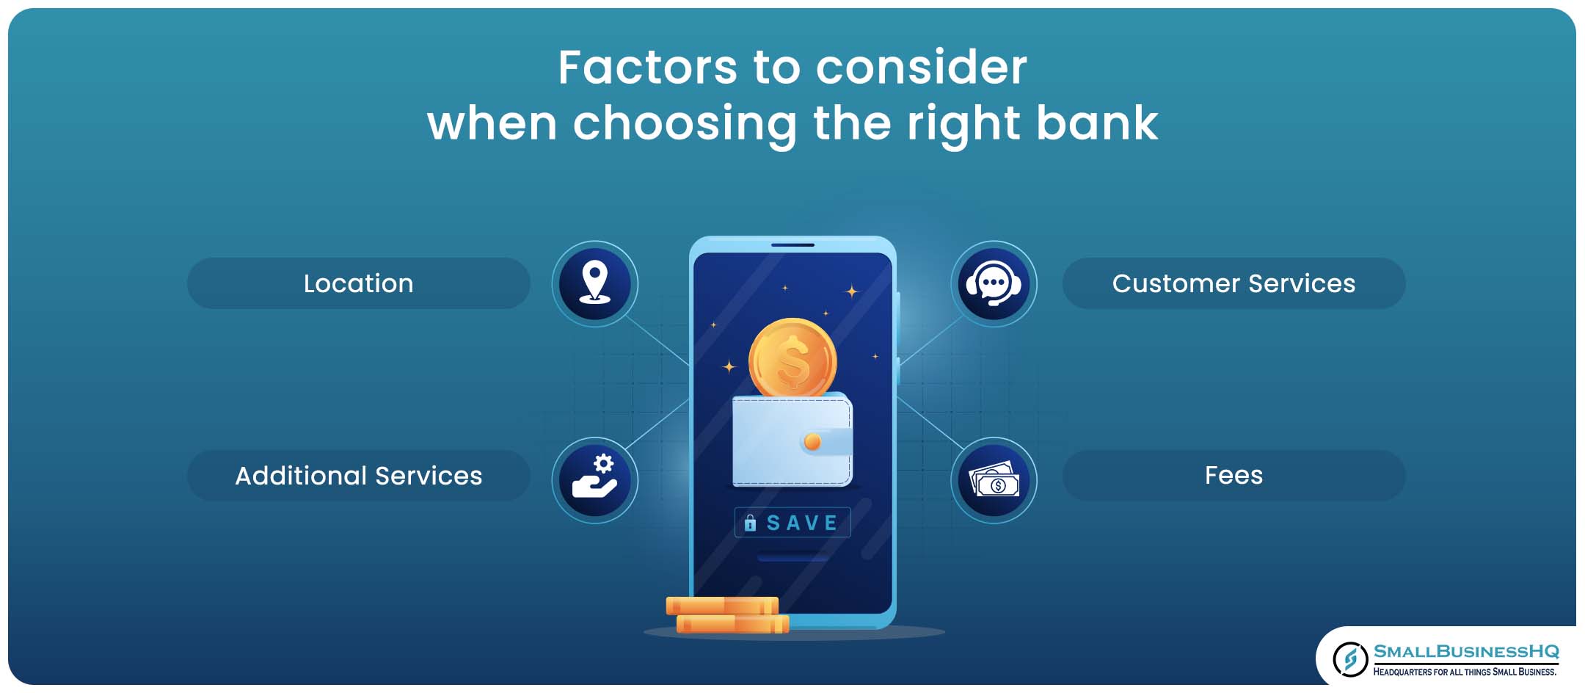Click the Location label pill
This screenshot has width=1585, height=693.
[358, 283]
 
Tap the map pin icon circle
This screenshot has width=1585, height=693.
[594, 283]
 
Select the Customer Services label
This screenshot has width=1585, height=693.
[1234, 283]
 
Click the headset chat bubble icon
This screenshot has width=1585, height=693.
[994, 283]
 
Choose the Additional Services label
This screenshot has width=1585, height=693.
[358, 476]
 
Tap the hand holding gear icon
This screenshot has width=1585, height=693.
[594, 480]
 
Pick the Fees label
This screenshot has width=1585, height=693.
[1234, 476]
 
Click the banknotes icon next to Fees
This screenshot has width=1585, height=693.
[994, 480]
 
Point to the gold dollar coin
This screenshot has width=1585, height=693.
[792, 360]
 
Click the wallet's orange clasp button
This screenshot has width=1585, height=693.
[812, 441]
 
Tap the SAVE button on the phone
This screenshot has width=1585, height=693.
[792, 523]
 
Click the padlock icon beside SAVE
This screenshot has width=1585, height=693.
[750, 523]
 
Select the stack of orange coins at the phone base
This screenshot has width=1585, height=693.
[727, 615]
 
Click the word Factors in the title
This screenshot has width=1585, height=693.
[647, 68]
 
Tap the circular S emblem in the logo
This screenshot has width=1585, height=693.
[1349, 658]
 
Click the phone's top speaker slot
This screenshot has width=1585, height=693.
[792, 244]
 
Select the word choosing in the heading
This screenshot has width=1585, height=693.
[685, 124]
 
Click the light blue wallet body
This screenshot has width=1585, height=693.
[792, 440]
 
